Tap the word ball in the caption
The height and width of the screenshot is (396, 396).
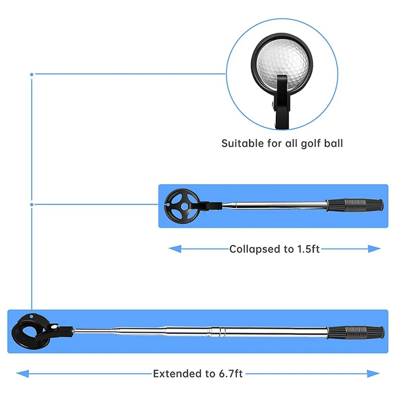tap(333, 144)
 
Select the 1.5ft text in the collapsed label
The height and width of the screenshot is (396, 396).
tap(308, 249)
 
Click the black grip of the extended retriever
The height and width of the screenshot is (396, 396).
tap(355, 331)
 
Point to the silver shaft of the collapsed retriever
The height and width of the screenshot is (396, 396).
tap(277, 203)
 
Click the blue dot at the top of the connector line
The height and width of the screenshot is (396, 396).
tap(32, 74)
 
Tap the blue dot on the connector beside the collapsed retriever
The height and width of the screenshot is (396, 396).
tap(32, 204)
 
